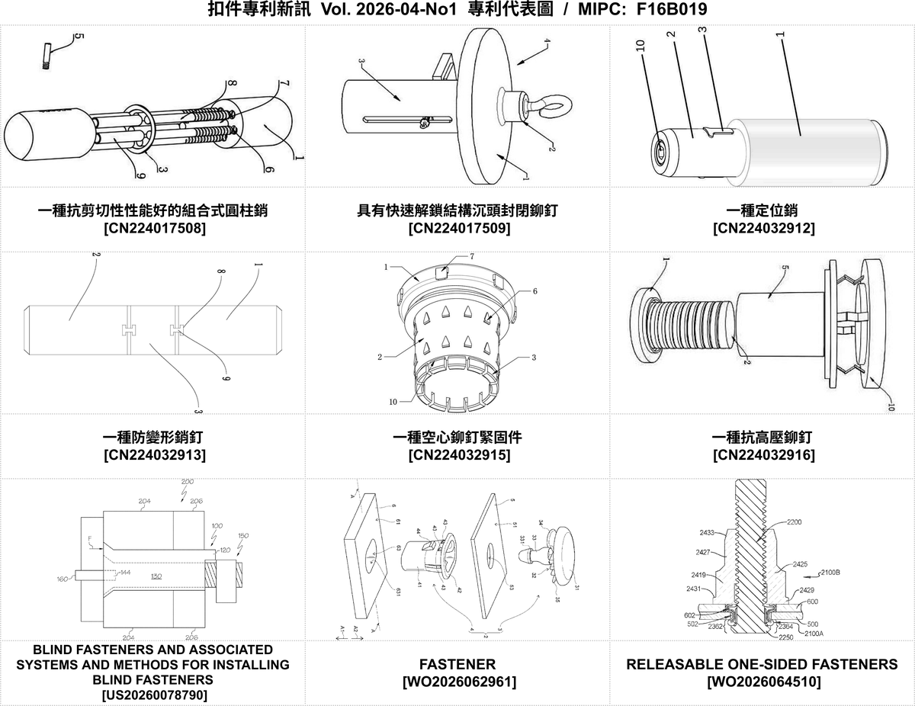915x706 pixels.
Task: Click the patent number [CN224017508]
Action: pyautogui.click(x=153, y=227)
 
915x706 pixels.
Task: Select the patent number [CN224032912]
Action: pyautogui.click(x=762, y=227)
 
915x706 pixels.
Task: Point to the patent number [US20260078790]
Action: pyautogui.click(x=153, y=695)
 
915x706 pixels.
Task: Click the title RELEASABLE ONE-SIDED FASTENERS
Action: pyautogui.click(x=762, y=664)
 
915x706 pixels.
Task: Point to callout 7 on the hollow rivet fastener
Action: pyautogui.click(x=471, y=257)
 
